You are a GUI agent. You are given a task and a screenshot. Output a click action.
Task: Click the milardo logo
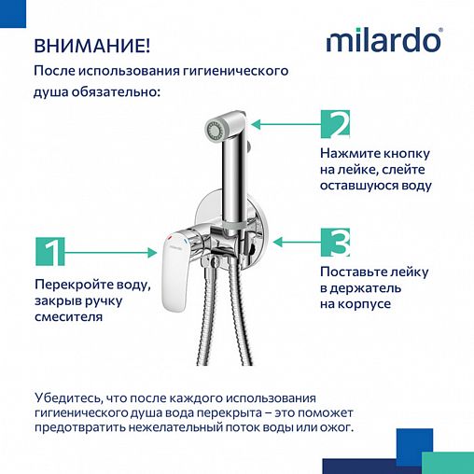click(383, 42)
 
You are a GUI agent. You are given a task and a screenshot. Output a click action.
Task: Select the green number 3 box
click(335, 242)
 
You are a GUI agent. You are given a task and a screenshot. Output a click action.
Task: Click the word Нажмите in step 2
click(347, 152)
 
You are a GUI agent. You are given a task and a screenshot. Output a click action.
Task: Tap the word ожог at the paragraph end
click(334, 428)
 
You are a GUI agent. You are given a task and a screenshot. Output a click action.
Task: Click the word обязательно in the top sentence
click(116, 92)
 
